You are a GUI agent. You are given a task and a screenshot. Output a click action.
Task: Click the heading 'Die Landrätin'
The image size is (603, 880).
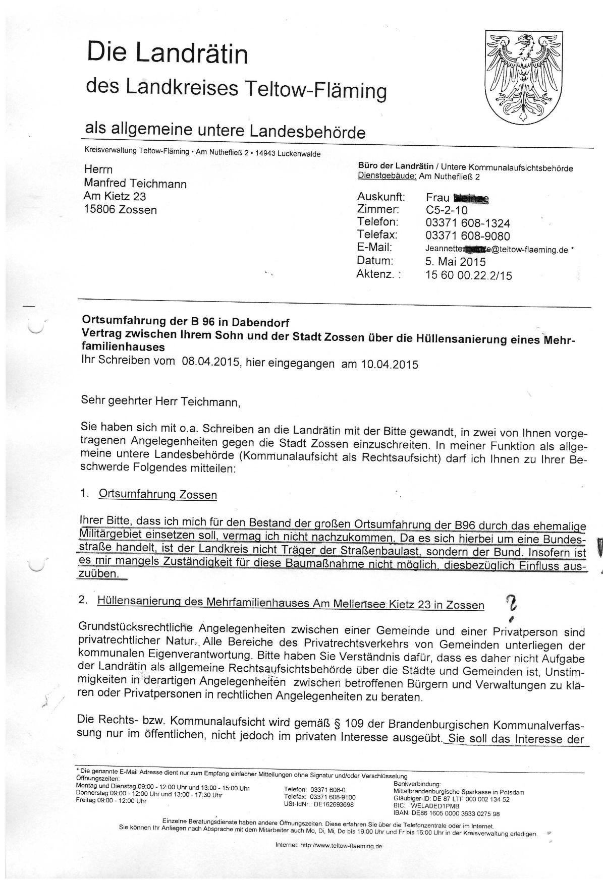(168, 53)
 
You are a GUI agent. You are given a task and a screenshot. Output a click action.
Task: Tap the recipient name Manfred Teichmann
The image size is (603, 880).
(135, 184)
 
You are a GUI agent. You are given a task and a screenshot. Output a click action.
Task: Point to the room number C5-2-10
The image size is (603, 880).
(447, 210)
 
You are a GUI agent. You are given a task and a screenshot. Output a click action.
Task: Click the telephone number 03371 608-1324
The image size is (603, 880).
(467, 223)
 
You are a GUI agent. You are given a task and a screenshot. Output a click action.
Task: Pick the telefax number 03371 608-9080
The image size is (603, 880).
(467, 236)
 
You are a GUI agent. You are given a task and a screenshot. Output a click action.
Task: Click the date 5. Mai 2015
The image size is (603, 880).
(455, 262)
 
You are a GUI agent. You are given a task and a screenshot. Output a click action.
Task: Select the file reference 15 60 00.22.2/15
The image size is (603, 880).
(469, 275)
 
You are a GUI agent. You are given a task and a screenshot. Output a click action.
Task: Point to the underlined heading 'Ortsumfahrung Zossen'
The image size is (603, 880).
(157, 494)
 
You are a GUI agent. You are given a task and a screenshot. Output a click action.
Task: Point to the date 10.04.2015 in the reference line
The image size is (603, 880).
(389, 364)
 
